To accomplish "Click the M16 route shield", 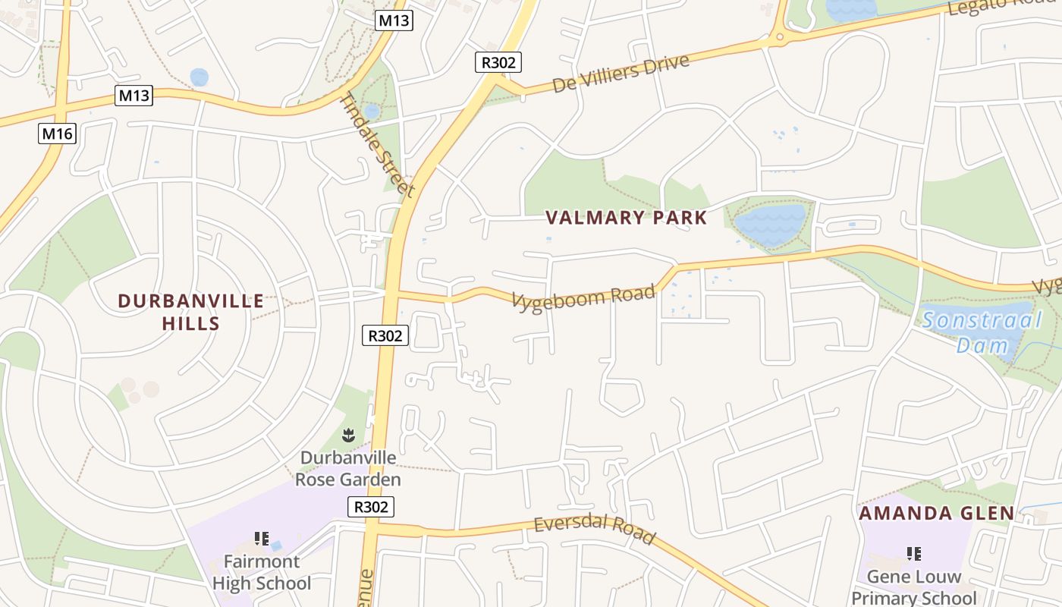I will pos(58,134).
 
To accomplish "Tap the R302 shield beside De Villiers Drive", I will pos(498,62).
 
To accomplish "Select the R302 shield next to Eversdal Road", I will pos(371,507).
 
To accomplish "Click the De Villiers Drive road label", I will pos(621,74).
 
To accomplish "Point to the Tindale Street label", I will pos(377,145).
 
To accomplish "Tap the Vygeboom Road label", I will pos(583,297).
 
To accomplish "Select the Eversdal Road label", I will pos(594,530).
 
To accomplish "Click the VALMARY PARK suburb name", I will pos(626,219).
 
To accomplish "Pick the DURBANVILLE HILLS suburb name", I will pos(191,312).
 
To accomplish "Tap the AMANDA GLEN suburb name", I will pos(936,514).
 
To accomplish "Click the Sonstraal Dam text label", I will pos(982,332).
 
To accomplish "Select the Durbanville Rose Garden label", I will pos(347,468).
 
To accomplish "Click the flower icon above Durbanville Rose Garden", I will pos(348,435).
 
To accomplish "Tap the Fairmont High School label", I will pos(262,572).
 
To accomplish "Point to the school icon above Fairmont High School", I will pos(262,539).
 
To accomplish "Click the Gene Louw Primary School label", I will pos(913,587).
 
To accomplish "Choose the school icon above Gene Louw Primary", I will pos(913,554).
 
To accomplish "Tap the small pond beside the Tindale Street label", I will pos(372,112).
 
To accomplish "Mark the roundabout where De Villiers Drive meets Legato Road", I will pos(779,36).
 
